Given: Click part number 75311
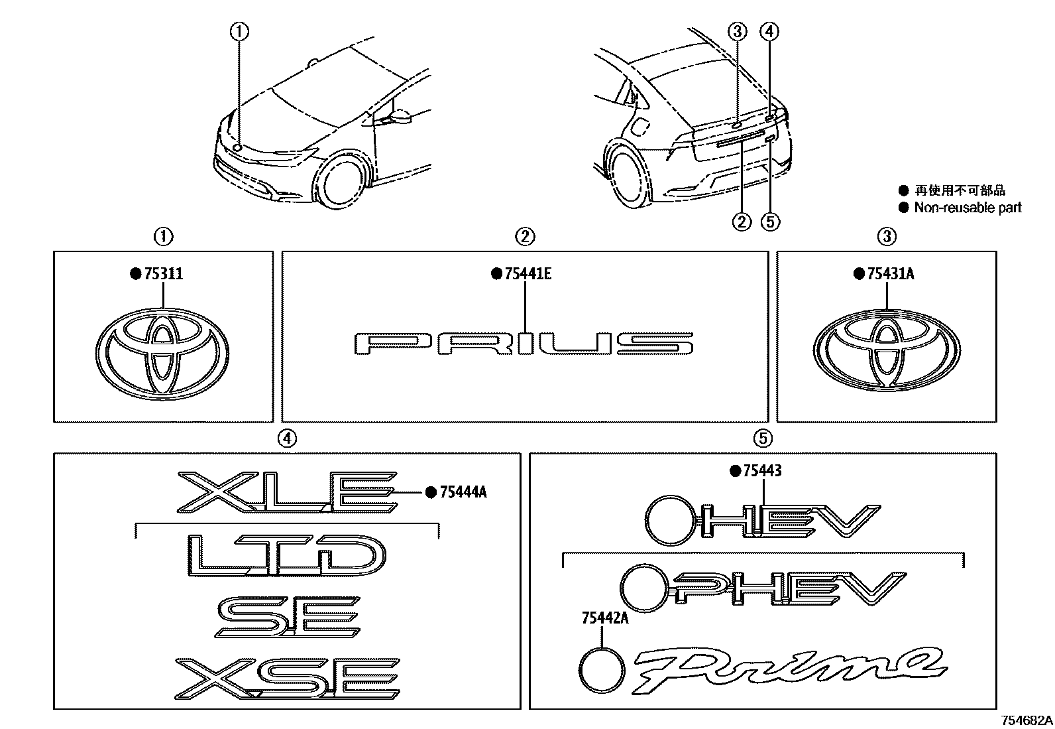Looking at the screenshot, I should pos(163,273).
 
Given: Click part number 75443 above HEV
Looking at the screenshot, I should pos(761,471).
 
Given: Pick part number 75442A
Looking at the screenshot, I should pos(604,618).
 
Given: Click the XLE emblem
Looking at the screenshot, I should pos(288,493).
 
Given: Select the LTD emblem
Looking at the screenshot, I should pos(286,554).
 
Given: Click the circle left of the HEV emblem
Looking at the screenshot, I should pos(667,519).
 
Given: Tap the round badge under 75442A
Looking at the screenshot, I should pos(601,670).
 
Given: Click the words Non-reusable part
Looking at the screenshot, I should pos(968,208).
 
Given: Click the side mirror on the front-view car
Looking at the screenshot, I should pos(401,117).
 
